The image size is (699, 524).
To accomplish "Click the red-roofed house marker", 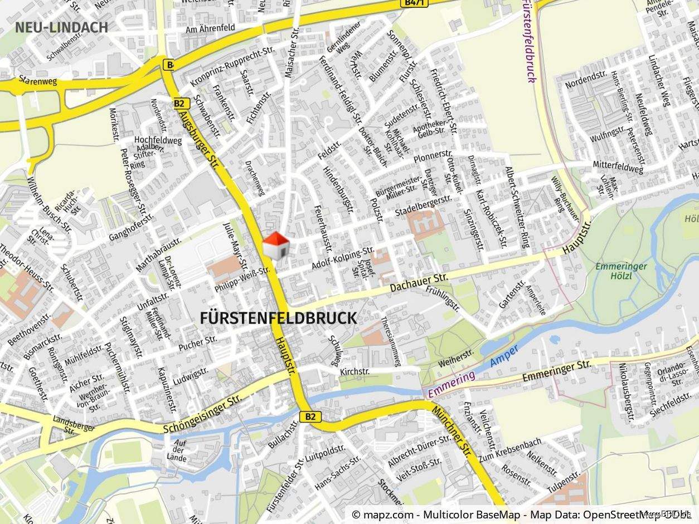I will tap(275, 246).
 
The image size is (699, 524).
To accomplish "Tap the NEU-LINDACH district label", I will tap(61, 27).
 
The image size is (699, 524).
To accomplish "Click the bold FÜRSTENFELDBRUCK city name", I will tap(278, 319).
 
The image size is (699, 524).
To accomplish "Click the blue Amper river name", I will tap(505, 355).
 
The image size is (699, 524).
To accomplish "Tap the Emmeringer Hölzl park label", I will tap(621, 271).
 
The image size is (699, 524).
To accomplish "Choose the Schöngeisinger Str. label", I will tap(203, 415).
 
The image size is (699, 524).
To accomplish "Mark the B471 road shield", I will tap(412, 3).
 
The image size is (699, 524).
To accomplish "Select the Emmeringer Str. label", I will tap(556, 371).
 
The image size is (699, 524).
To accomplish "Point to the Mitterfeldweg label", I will tap(618, 165).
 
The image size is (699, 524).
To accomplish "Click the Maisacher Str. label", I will tap(291, 55).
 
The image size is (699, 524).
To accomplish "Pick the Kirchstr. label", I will tap(355, 371).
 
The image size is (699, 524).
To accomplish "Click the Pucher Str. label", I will tap(197, 343).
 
